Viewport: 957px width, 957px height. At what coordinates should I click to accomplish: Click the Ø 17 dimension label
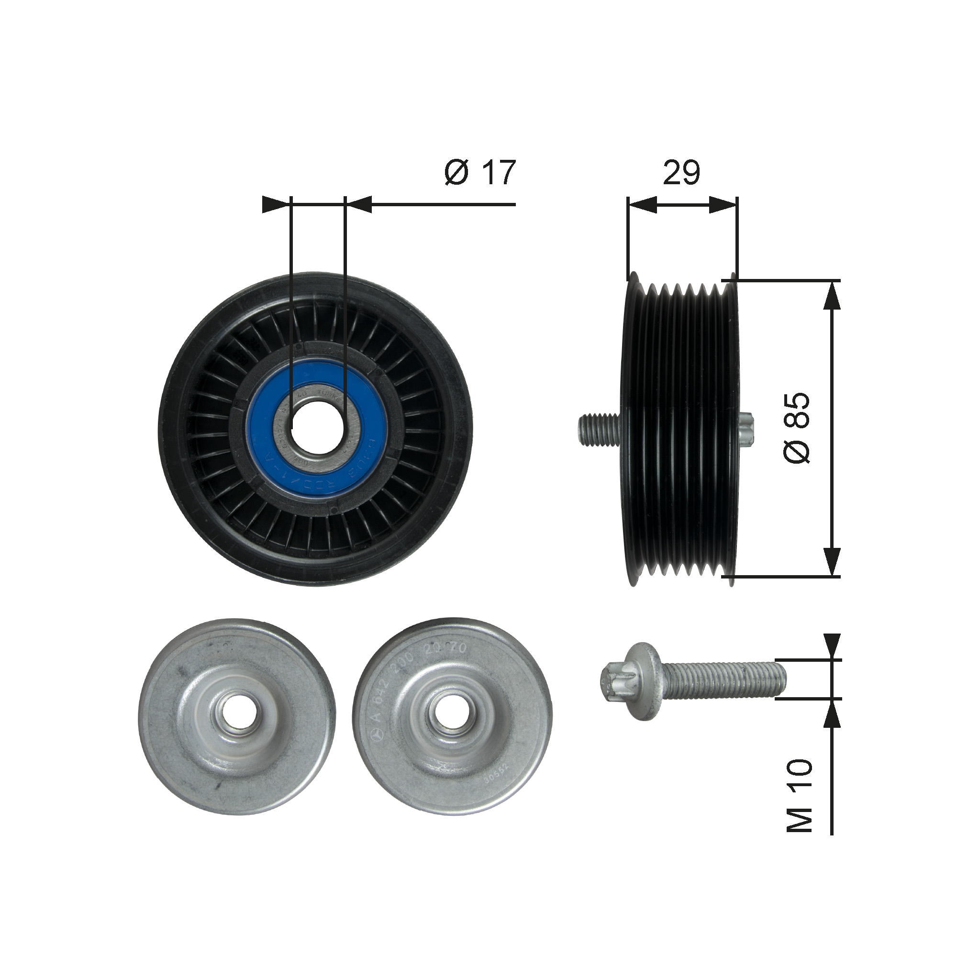coord(480,172)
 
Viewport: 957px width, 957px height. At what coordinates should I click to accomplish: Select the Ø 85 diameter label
coord(797,427)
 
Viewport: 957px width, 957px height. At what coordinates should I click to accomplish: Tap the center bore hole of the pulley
coord(318,426)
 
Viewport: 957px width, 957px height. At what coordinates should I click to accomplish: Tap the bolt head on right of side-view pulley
coord(746,428)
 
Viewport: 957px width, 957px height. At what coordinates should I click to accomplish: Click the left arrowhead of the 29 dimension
coord(642,205)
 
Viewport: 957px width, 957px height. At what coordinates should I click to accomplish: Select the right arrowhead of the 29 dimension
coord(723,205)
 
